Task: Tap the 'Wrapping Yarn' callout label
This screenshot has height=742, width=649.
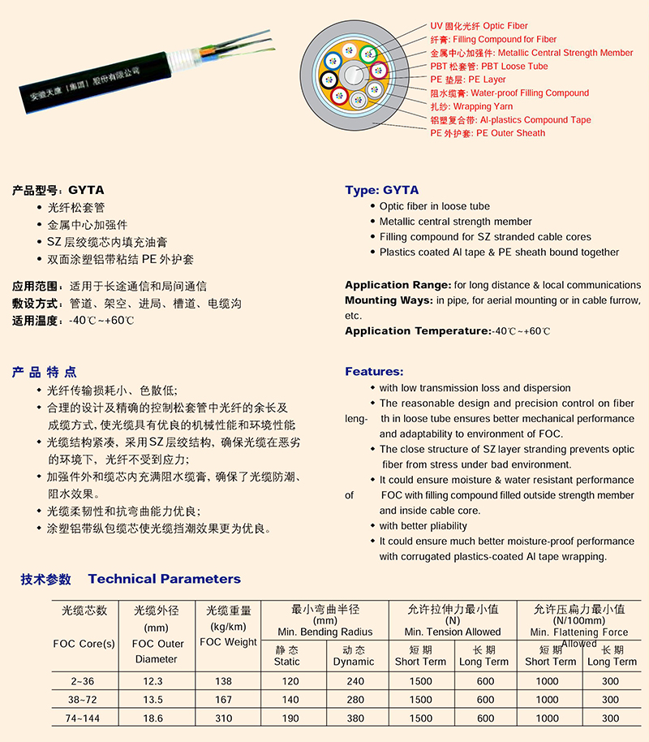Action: click(x=482, y=106)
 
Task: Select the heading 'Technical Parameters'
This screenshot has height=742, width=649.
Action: click(x=164, y=579)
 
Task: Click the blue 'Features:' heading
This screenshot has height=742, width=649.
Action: click(x=374, y=371)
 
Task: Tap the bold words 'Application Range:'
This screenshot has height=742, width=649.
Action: click(x=398, y=285)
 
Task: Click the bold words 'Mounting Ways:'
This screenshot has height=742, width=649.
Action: click(x=389, y=300)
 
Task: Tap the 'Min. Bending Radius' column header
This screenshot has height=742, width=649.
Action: click(x=324, y=632)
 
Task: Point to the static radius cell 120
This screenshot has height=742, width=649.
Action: click(x=289, y=680)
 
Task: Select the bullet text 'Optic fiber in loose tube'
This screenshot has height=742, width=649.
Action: click(x=434, y=206)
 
